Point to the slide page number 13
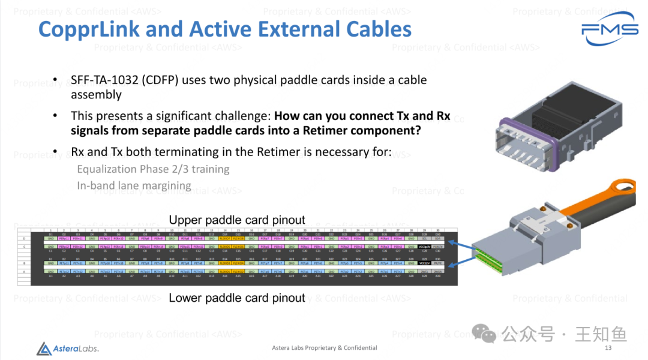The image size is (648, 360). [608, 348]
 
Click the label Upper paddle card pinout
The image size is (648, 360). [237, 220]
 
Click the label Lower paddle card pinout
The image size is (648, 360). [237, 298]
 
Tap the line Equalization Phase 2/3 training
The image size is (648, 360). [153, 169]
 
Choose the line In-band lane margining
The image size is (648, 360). [134, 186]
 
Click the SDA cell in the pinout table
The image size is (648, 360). [438, 238]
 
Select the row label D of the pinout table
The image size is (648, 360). [41, 238]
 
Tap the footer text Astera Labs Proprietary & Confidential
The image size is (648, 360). [325, 348]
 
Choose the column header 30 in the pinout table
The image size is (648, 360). [438, 230]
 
